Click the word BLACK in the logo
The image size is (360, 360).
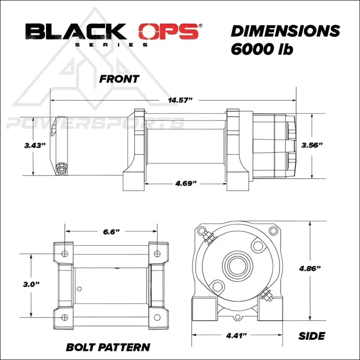tap(76, 32)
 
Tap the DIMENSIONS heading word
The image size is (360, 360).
tap(285, 31)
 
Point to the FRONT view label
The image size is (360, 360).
tap(119, 79)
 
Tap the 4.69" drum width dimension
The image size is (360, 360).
tap(185, 184)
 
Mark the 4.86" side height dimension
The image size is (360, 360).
tap(310, 269)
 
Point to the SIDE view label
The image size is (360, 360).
tap(312, 336)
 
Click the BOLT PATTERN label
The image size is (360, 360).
tap(108, 347)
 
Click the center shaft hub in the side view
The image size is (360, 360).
tap(237, 265)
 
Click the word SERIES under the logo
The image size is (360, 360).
tap(110, 45)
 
